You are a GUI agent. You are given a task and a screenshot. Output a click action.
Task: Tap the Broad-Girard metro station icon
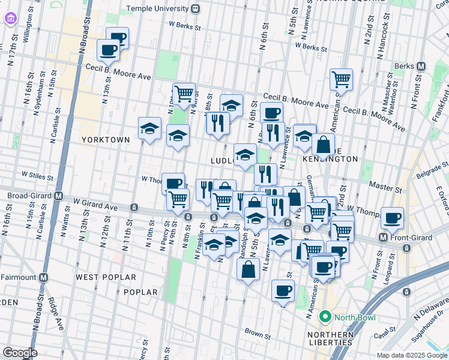coord(59,196)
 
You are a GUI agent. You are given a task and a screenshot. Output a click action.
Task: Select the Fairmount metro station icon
coord(43,278)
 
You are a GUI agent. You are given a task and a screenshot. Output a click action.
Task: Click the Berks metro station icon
coord(421,66)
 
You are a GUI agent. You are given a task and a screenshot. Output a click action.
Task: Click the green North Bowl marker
coord(325,317)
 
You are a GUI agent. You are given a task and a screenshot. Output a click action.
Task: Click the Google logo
coord(20,353)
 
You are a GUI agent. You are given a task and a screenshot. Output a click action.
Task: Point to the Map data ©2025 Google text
coord(412,355)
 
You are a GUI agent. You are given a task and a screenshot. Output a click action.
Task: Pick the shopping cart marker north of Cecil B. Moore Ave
coord(341,79)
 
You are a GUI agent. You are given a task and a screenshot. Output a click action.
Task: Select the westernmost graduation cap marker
coord(150,128)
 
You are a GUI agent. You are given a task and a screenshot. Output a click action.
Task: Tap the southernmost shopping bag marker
coord(249,269)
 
